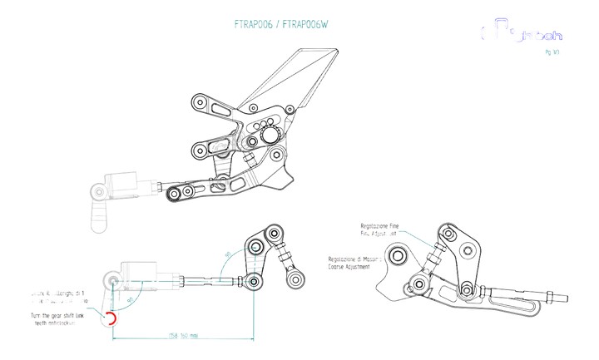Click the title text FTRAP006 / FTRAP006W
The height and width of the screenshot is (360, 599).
[x=280, y=25]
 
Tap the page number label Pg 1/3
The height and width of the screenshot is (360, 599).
[x=551, y=52]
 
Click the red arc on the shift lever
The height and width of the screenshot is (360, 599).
[x=111, y=318]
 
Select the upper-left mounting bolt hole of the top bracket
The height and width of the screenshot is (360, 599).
[x=200, y=104]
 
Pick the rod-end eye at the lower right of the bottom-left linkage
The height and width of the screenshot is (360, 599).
[x=293, y=280]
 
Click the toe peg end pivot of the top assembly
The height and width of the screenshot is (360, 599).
[x=176, y=195]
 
